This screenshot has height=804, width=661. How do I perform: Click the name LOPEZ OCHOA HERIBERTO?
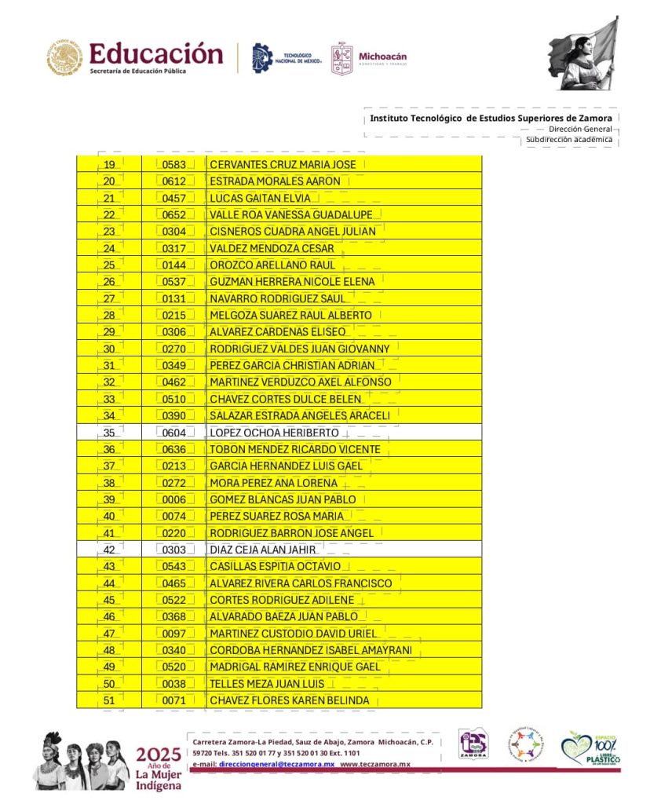point(274,433)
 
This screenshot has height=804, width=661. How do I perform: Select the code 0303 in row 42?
point(173,550)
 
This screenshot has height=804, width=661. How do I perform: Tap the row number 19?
point(110,165)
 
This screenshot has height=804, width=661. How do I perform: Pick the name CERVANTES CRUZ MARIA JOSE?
point(283,165)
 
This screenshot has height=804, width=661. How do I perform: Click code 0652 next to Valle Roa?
point(173,215)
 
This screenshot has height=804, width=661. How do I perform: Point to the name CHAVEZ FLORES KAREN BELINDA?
point(289,700)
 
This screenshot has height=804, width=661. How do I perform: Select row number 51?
point(110,700)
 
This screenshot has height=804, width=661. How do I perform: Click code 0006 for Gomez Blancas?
point(173,499)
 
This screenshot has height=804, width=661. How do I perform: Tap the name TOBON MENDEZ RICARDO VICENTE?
point(294,449)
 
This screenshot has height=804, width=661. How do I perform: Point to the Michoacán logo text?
point(382,57)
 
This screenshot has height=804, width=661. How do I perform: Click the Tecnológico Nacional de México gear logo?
point(262,58)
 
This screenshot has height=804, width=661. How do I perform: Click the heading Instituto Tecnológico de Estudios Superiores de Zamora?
point(491,119)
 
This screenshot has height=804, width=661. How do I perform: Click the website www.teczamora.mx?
point(375,764)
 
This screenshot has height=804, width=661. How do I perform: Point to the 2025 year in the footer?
point(159,755)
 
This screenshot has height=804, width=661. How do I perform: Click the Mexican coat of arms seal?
point(64,59)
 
